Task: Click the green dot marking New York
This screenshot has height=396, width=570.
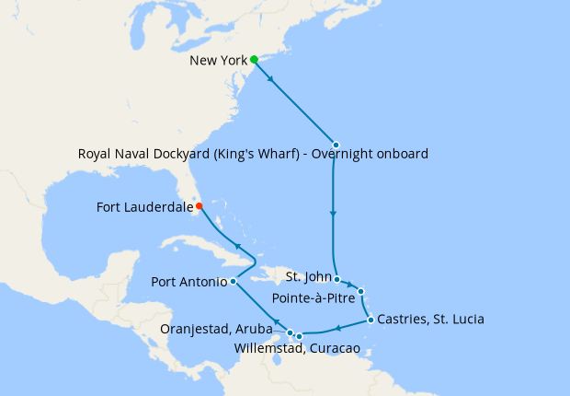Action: point(254,60)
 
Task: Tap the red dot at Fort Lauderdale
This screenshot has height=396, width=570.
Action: point(199,206)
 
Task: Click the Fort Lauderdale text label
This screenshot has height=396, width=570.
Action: point(144,207)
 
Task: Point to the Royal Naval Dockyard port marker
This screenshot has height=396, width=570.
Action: point(336,145)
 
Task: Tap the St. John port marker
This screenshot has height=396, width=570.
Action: point(337,279)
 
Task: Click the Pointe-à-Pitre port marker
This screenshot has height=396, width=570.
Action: point(361,292)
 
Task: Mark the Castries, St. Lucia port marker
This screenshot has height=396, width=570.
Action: point(370,320)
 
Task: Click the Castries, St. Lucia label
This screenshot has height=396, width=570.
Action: point(430,320)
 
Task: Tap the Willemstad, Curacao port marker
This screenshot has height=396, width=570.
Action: point(299,337)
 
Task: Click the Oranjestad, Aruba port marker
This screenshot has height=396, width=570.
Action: point(291,332)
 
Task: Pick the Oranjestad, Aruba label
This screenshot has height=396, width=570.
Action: point(222,328)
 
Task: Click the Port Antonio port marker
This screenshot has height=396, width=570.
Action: point(233,282)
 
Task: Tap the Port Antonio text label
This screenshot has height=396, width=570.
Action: point(188,282)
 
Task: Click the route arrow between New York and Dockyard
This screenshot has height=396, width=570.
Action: point(273,79)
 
